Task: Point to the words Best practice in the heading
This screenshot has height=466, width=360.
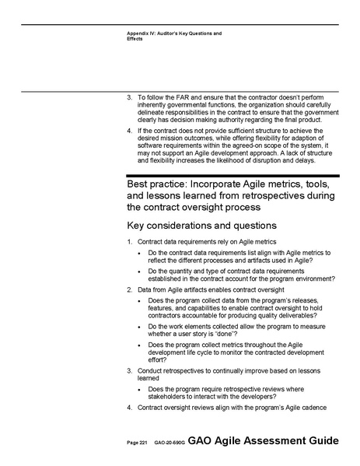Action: tap(157, 185)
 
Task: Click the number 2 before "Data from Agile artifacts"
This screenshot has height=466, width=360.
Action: tap(129, 289)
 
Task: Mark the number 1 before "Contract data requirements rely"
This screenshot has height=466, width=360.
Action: tap(129, 243)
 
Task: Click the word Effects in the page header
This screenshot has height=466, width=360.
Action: tap(135, 39)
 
